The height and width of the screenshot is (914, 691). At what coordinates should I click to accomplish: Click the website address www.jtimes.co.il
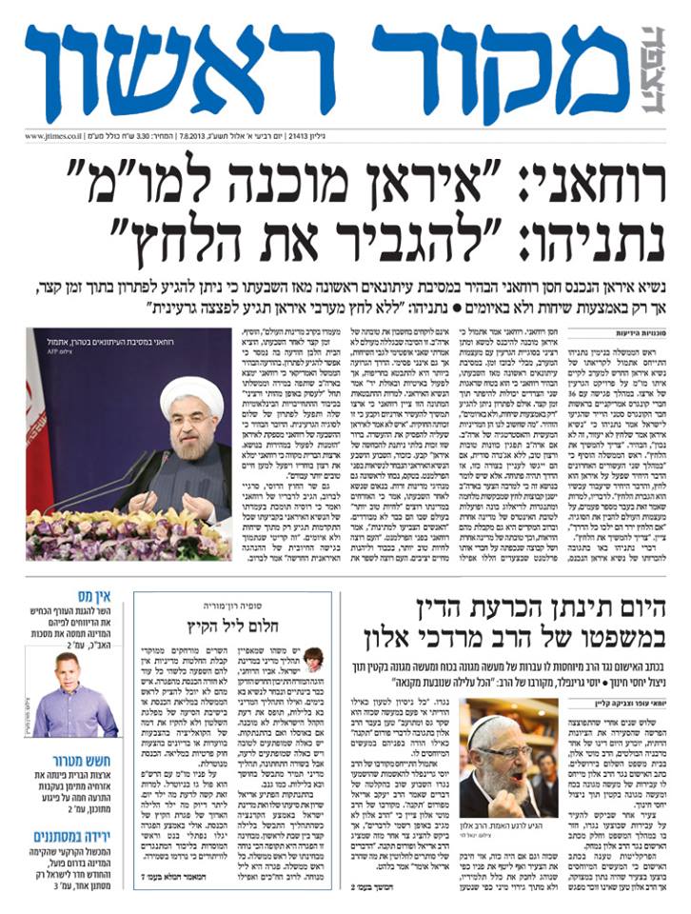point(59,136)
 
